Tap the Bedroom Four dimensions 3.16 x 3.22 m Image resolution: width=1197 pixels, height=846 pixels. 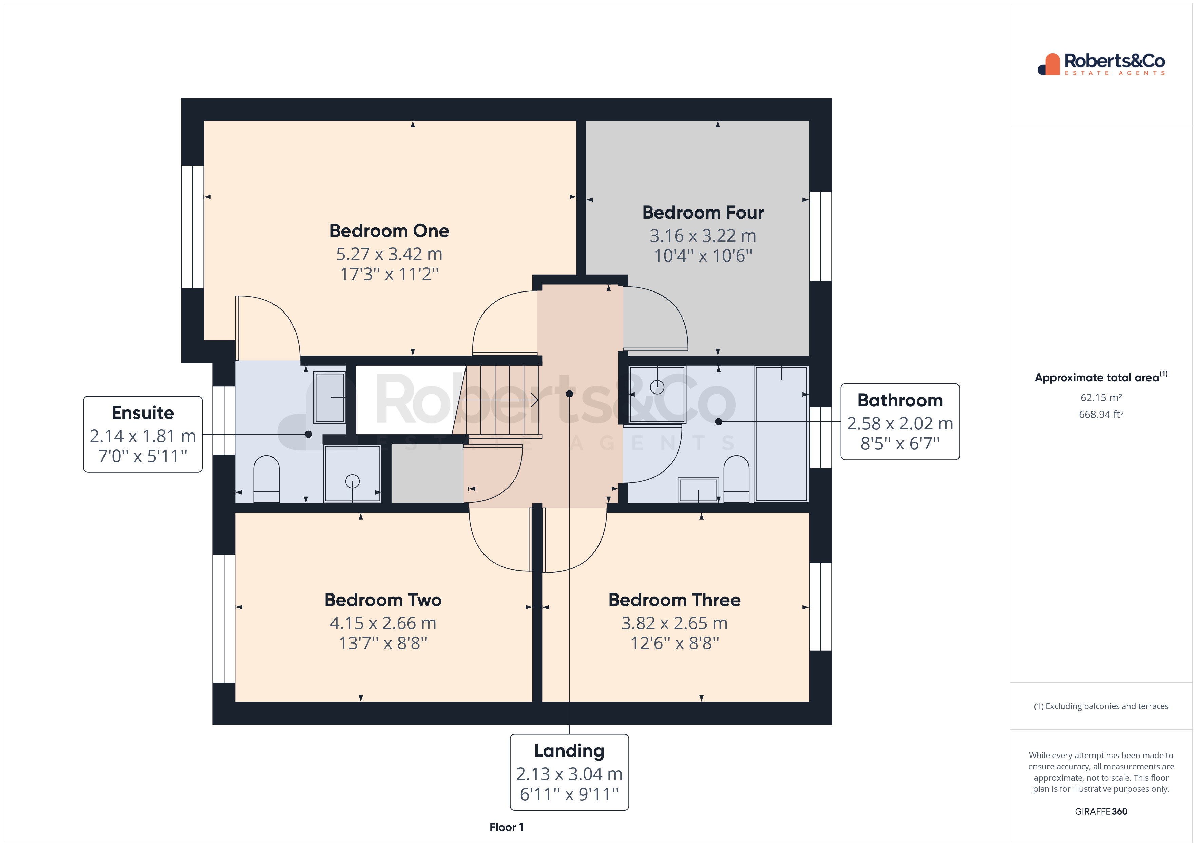(x=702, y=236)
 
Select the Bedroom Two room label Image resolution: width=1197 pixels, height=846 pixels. (x=383, y=600)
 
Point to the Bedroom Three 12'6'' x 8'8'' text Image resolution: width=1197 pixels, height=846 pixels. (x=674, y=643)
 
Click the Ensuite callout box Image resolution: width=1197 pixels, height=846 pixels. (x=143, y=435)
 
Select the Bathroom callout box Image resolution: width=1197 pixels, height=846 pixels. (x=900, y=422)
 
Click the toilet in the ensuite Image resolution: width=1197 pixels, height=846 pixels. (x=266, y=479)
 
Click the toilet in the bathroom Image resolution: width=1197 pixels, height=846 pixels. (x=737, y=479)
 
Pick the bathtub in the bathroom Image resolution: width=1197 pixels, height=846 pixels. (x=781, y=434)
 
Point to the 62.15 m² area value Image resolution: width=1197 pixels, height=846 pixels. (x=1101, y=398)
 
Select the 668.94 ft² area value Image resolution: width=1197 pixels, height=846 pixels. (x=1101, y=415)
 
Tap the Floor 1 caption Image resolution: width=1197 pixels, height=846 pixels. (x=506, y=827)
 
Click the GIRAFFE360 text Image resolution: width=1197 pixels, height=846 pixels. (x=1101, y=812)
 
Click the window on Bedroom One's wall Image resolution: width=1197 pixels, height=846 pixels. (x=192, y=227)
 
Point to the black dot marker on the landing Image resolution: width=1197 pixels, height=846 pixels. (x=569, y=394)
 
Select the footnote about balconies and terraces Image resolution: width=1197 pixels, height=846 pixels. (x=1101, y=706)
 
